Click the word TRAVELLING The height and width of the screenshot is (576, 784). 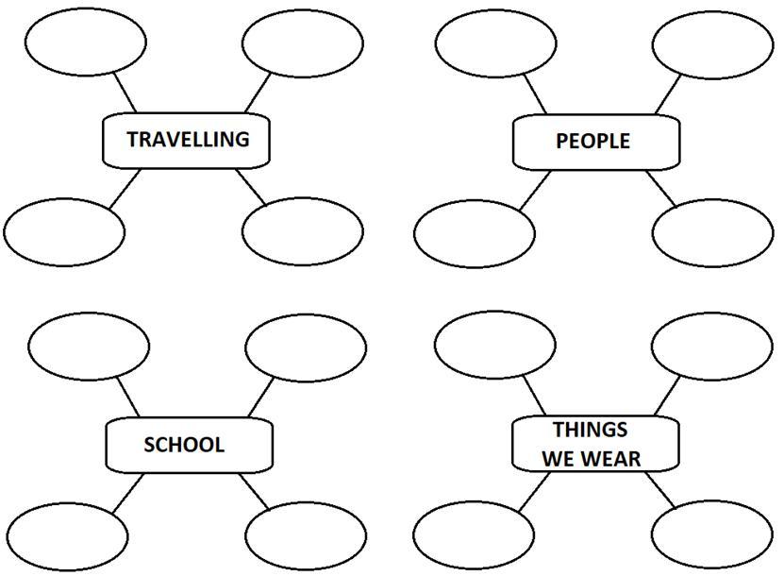(188, 140)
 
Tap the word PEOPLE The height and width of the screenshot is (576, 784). (592, 142)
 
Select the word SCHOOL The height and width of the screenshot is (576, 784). (184, 445)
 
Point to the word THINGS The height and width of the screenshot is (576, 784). (590, 431)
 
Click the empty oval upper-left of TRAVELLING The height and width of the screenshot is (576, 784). (86, 42)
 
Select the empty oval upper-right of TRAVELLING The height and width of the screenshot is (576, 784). (302, 42)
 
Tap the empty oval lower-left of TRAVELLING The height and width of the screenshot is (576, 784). (63, 231)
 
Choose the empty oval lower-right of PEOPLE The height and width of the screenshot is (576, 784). (711, 233)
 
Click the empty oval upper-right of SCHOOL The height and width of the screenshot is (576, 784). (306, 347)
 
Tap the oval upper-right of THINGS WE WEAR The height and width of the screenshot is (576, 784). (711, 347)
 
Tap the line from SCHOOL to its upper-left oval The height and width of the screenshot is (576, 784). (127, 397)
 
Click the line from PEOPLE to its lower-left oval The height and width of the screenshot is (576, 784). (535, 189)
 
